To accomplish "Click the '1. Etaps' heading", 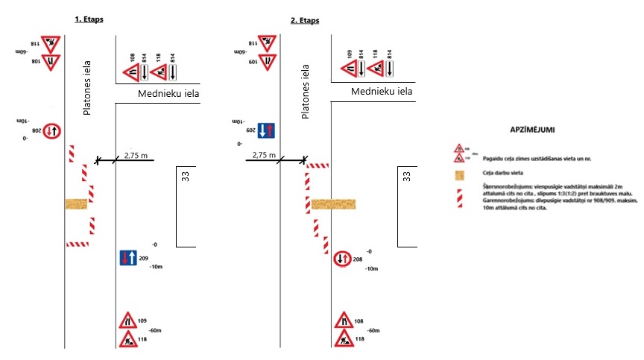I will [x=89, y=19].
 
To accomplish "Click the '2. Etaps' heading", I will [x=305, y=19].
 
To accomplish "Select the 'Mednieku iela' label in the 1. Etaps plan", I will [x=169, y=94].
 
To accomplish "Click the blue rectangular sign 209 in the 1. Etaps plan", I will [x=127, y=259].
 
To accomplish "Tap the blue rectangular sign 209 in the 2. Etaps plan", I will [x=268, y=131].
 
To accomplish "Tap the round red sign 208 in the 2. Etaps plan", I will [x=343, y=259].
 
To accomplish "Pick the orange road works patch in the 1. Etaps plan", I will [x=77, y=203].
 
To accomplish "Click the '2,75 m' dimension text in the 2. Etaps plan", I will [x=265, y=155].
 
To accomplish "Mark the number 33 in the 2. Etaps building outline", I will [x=406, y=177].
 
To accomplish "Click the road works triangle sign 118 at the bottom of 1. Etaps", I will [x=127, y=339].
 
